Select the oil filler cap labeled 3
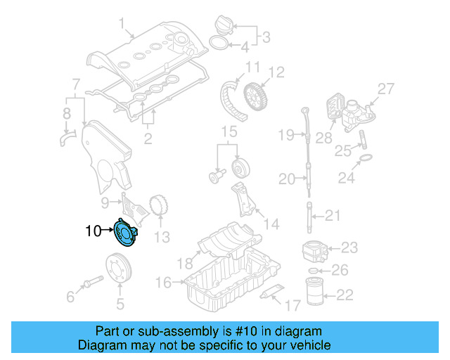222,24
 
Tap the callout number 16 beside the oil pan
163,282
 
